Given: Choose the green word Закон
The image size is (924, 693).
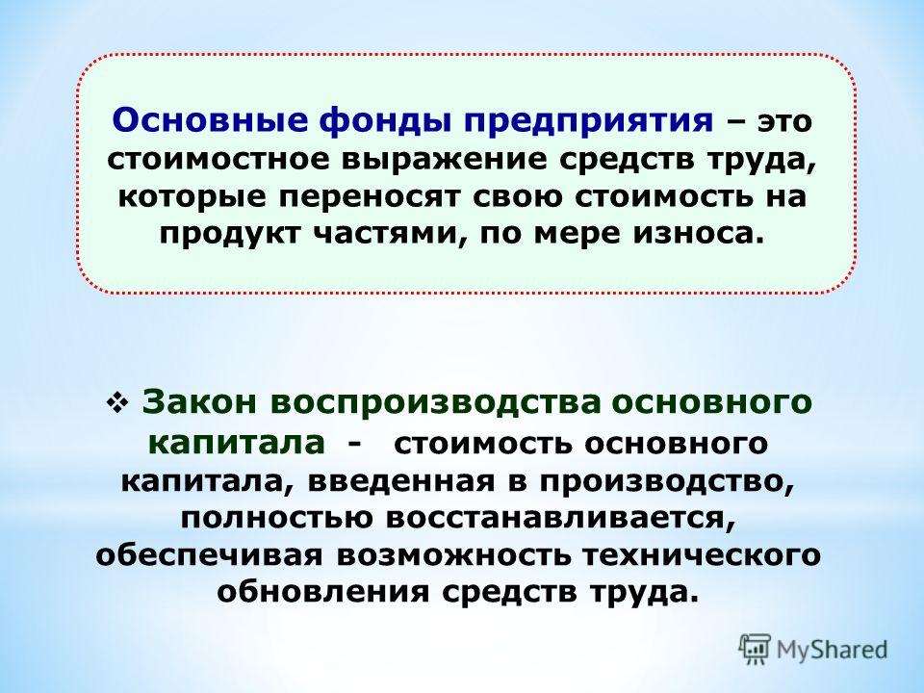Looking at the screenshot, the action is pos(200,402).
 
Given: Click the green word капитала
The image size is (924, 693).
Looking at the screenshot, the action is pos(237,443).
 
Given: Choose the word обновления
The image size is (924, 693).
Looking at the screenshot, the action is pos(324,592).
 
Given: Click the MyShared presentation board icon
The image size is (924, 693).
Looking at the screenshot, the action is pos(755,650).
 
